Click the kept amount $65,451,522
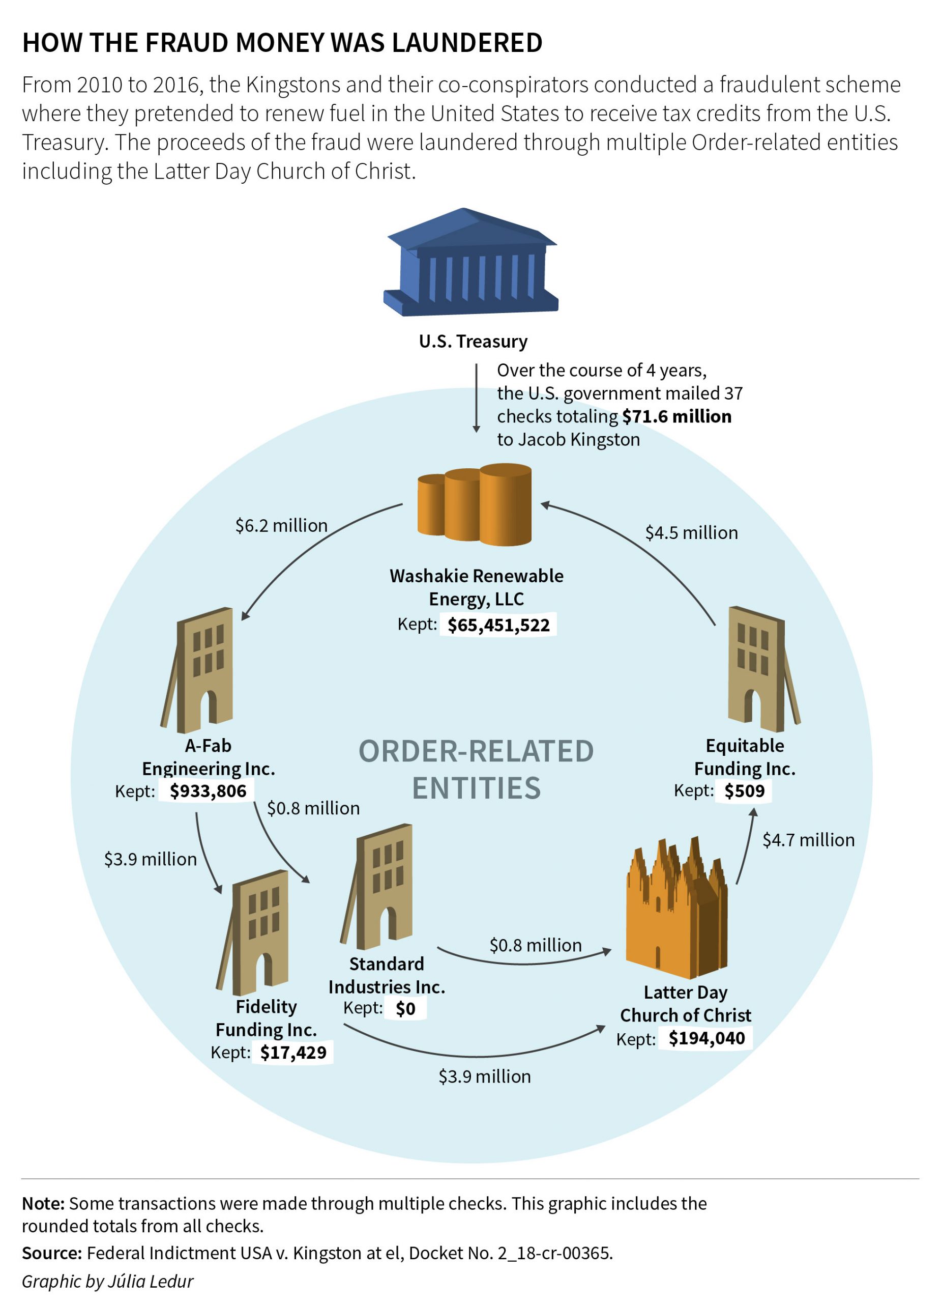(x=498, y=625)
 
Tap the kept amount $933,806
(x=208, y=791)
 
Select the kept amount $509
(x=745, y=791)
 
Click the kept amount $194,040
(x=707, y=1038)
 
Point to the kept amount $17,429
(x=293, y=1053)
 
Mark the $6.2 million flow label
(x=281, y=526)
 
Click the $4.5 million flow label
(x=692, y=532)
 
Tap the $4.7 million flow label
(x=808, y=840)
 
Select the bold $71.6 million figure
(x=677, y=416)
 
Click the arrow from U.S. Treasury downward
(x=476, y=398)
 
